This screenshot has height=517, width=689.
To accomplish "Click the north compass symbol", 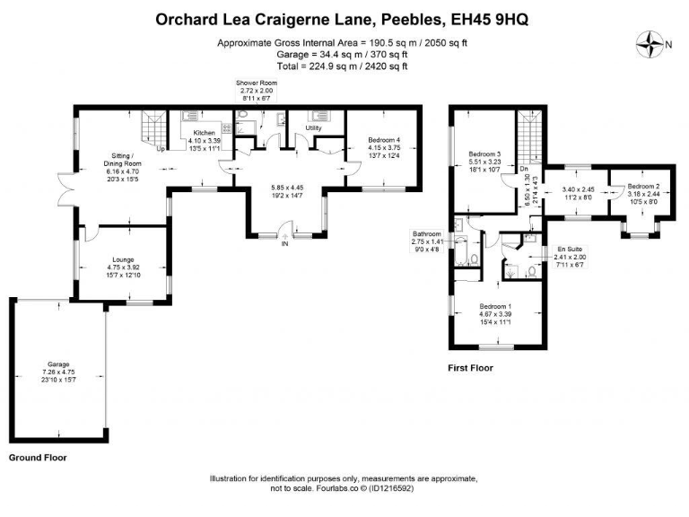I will (x=648, y=42).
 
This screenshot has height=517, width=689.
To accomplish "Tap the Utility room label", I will (x=313, y=128).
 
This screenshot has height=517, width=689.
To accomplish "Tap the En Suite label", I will (x=566, y=249).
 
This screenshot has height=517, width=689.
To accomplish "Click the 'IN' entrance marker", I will (x=284, y=243).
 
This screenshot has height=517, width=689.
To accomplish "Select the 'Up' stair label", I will (x=161, y=149).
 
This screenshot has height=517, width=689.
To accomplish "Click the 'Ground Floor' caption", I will (x=38, y=458).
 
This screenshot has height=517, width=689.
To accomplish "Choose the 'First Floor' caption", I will (x=470, y=368).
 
